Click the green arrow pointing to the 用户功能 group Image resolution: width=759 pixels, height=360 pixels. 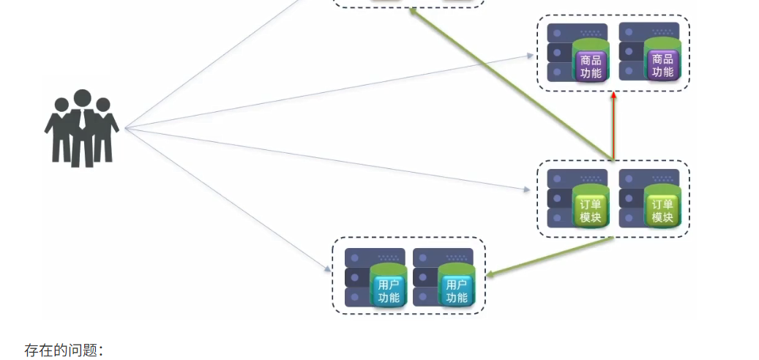[x=549, y=257]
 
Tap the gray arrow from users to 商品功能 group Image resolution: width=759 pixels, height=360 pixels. [x=329, y=91]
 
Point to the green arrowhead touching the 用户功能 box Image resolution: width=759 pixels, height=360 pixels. [x=490, y=275]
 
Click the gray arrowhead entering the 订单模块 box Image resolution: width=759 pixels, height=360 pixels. [x=526, y=190]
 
